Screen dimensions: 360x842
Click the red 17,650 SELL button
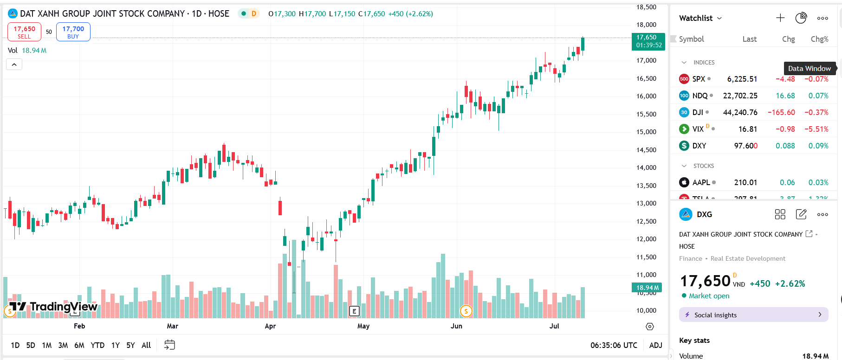pyautogui.click(x=24, y=32)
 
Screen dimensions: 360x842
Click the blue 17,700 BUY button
pyautogui.click(x=73, y=32)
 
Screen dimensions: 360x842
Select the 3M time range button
pyautogui.click(x=63, y=345)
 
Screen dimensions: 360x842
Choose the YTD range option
pyautogui.click(x=97, y=345)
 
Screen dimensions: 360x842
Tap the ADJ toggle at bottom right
pyautogui.click(x=655, y=345)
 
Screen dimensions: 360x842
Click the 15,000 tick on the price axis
pyautogui.click(x=646, y=132)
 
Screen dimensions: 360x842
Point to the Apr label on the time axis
pyautogui.click(x=270, y=326)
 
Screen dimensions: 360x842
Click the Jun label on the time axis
pyautogui.click(x=456, y=326)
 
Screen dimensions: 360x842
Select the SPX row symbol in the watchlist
pyautogui.click(x=698, y=79)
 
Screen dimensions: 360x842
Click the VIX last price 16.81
pyautogui.click(x=747, y=129)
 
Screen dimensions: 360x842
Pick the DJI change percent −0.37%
pyautogui.click(x=816, y=112)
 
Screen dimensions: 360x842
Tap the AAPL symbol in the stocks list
pyautogui.click(x=701, y=182)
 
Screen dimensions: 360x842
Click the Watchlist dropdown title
pyautogui.click(x=700, y=18)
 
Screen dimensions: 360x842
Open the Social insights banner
pyautogui.click(x=753, y=315)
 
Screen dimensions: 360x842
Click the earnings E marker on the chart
pyautogui.click(x=354, y=311)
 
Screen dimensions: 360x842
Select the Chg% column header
pyautogui.click(x=819, y=39)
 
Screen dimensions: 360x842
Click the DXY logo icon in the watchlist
pyautogui.click(x=684, y=146)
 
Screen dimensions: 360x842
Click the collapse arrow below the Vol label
pyautogui.click(x=14, y=64)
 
